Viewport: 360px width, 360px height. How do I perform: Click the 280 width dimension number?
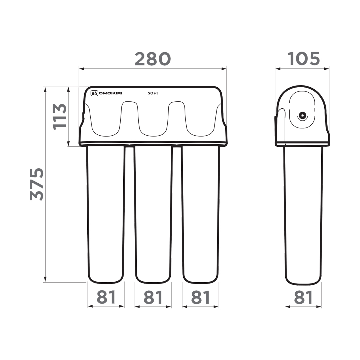(152, 59)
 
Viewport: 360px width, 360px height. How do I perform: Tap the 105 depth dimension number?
(304, 59)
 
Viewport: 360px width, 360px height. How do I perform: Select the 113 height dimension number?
(60, 117)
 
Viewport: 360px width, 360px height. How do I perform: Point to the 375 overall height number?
(37, 184)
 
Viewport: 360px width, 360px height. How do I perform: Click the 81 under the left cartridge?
(106, 297)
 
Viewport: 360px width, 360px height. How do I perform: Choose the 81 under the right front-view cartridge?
(200, 297)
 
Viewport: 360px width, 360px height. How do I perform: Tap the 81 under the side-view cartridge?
(303, 297)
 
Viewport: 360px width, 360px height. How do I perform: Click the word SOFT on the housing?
(153, 93)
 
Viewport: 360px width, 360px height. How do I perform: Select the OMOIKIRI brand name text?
(110, 93)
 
